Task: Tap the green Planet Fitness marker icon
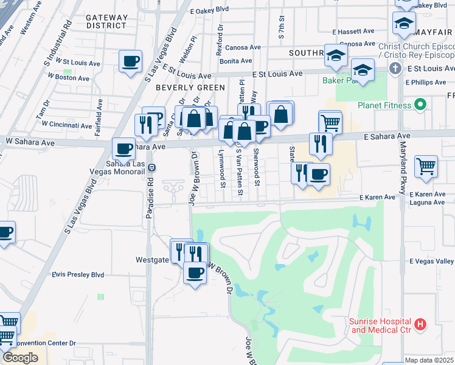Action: tap(419, 105)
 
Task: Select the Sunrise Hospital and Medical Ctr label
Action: tap(381, 325)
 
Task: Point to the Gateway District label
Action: tap(106, 21)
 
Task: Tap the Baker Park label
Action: tap(337, 80)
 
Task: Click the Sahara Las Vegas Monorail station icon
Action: tap(151, 167)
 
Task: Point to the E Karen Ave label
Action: tap(377, 197)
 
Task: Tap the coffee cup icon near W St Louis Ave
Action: tap(131, 61)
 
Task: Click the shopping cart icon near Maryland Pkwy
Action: tap(426, 165)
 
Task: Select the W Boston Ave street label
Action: tap(72, 77)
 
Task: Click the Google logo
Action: tap(20, 358)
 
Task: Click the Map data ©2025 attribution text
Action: tap(429, 360)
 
